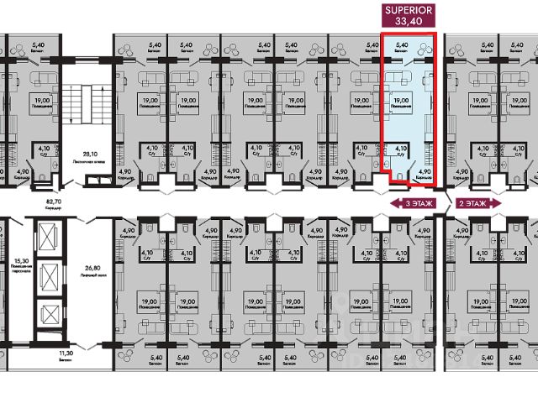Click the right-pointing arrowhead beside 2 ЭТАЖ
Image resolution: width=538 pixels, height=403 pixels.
(498, 204)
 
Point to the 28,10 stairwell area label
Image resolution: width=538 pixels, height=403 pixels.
(81, 154)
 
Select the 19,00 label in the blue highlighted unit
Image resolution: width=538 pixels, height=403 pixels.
(401, 101)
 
